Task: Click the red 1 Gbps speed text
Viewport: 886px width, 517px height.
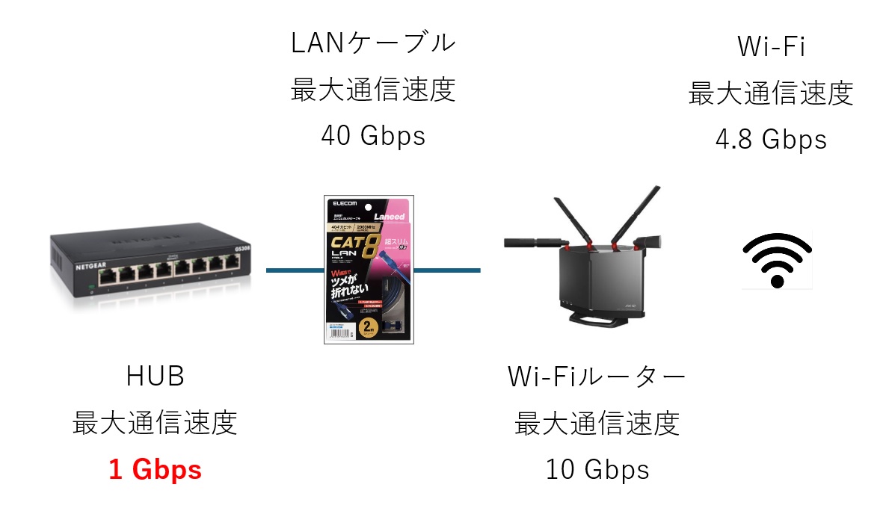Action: point(155,470)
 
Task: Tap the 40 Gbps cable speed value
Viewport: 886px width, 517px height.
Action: point(372,136)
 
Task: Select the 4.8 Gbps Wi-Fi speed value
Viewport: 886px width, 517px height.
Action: point(770,140)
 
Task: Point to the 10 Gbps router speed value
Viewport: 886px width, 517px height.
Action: point(597,470)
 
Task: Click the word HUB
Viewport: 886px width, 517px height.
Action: point(155,377)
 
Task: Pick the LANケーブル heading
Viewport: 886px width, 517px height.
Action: point(372,43)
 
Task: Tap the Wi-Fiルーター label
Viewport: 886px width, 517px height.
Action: point(597,377)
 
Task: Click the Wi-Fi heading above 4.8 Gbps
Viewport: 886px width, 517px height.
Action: point(770,46)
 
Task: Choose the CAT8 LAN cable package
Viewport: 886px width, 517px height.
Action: point(369,270)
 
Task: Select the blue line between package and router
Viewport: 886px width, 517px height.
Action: point(447,270)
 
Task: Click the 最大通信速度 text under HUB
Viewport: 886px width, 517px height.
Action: point(155,424)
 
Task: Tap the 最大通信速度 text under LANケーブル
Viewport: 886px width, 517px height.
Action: point(372,90)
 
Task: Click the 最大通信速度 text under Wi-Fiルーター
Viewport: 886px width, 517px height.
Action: point(597,424)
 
